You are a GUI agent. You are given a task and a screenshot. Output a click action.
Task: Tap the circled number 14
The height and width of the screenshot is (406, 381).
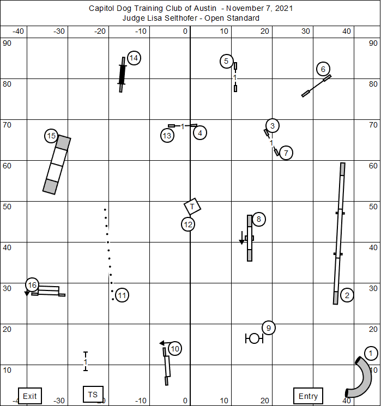coord(134,58)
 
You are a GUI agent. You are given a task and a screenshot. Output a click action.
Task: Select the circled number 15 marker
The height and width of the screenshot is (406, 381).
coord(51,136)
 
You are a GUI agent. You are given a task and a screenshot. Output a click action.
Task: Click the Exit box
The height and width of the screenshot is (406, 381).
coord(30,396)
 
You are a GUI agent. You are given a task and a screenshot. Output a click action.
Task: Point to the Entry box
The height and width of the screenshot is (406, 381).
coord(308,396)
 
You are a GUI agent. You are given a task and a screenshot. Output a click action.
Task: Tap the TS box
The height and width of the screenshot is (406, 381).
coord(93,394)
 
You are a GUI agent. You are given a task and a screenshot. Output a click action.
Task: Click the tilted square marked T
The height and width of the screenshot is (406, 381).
coord(192,207)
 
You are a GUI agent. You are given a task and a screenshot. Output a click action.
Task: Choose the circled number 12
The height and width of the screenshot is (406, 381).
coord(189,224)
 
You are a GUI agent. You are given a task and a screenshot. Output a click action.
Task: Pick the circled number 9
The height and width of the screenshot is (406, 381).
coord(268,328)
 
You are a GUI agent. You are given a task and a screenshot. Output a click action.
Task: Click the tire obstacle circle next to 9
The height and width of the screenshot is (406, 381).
coord(254,338)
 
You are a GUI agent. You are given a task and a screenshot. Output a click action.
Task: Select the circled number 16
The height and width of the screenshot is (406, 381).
coord(32,284)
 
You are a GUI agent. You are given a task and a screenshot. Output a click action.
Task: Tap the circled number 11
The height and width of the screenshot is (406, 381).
coord(122,295)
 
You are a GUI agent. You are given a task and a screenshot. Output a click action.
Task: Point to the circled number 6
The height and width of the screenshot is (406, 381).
coord(323,69)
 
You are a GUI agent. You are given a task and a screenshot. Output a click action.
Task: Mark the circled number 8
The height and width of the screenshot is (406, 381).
coord(259,219)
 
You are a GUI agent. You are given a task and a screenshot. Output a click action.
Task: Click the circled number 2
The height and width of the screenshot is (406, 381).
coord(347,295)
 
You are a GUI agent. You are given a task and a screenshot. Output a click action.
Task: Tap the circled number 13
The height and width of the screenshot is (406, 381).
coord(167,136)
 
